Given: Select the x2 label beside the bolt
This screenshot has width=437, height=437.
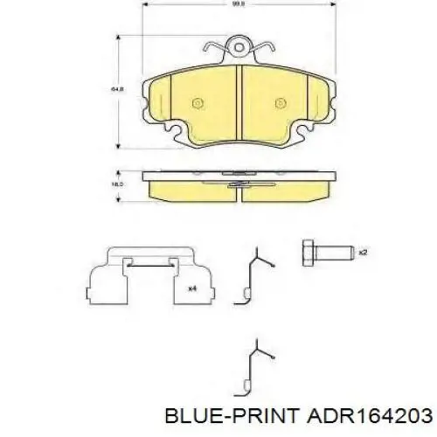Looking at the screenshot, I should click(x=362, y=252).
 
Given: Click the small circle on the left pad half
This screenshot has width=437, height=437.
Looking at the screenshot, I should click(x=197, y=101).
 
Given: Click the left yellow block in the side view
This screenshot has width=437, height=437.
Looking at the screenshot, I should click(x=191, y=188).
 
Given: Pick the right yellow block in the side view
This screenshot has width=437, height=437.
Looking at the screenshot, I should click(x=288, y=188).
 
